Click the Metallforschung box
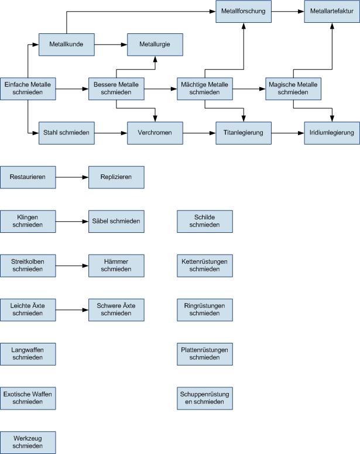[244, 11]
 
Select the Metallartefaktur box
[332, 11]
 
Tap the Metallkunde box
[67, 44]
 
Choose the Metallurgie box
[155, 44]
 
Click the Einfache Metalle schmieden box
[28, 89]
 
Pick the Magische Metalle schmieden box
[293, 89]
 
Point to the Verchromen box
[155, 133]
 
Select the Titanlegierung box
[244, 133]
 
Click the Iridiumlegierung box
[332, 133]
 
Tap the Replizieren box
[116, 177]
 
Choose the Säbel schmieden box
[116, 221]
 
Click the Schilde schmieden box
[204, 221]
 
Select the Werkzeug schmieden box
[28, 442]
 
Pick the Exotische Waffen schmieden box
[28, 398]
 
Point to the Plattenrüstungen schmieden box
[204, 353]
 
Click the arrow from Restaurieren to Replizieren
[72, 177]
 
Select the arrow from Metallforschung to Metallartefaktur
[287, 11]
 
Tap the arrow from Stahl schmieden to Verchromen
[111, 133]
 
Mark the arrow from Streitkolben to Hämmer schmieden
[72, 265]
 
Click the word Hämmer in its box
[116, 261]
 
